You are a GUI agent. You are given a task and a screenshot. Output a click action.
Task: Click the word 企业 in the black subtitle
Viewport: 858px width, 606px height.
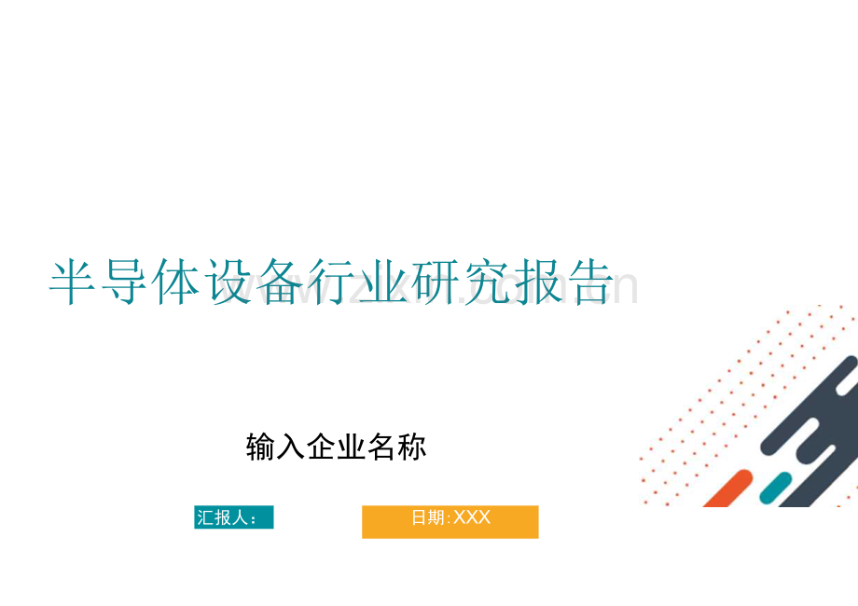tap(337, 448)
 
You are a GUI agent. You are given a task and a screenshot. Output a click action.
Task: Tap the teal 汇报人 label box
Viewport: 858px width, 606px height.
tap(233, 517)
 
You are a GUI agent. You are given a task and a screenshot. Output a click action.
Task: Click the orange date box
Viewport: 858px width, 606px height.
tap(450, 522)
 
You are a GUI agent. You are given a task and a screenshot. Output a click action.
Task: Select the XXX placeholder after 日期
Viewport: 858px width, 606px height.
tap(472, 516)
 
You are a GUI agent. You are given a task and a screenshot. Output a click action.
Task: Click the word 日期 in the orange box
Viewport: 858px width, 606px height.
tap(429, 516)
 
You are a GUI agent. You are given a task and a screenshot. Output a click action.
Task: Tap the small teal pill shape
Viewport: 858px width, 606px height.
tap(775, 488)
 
